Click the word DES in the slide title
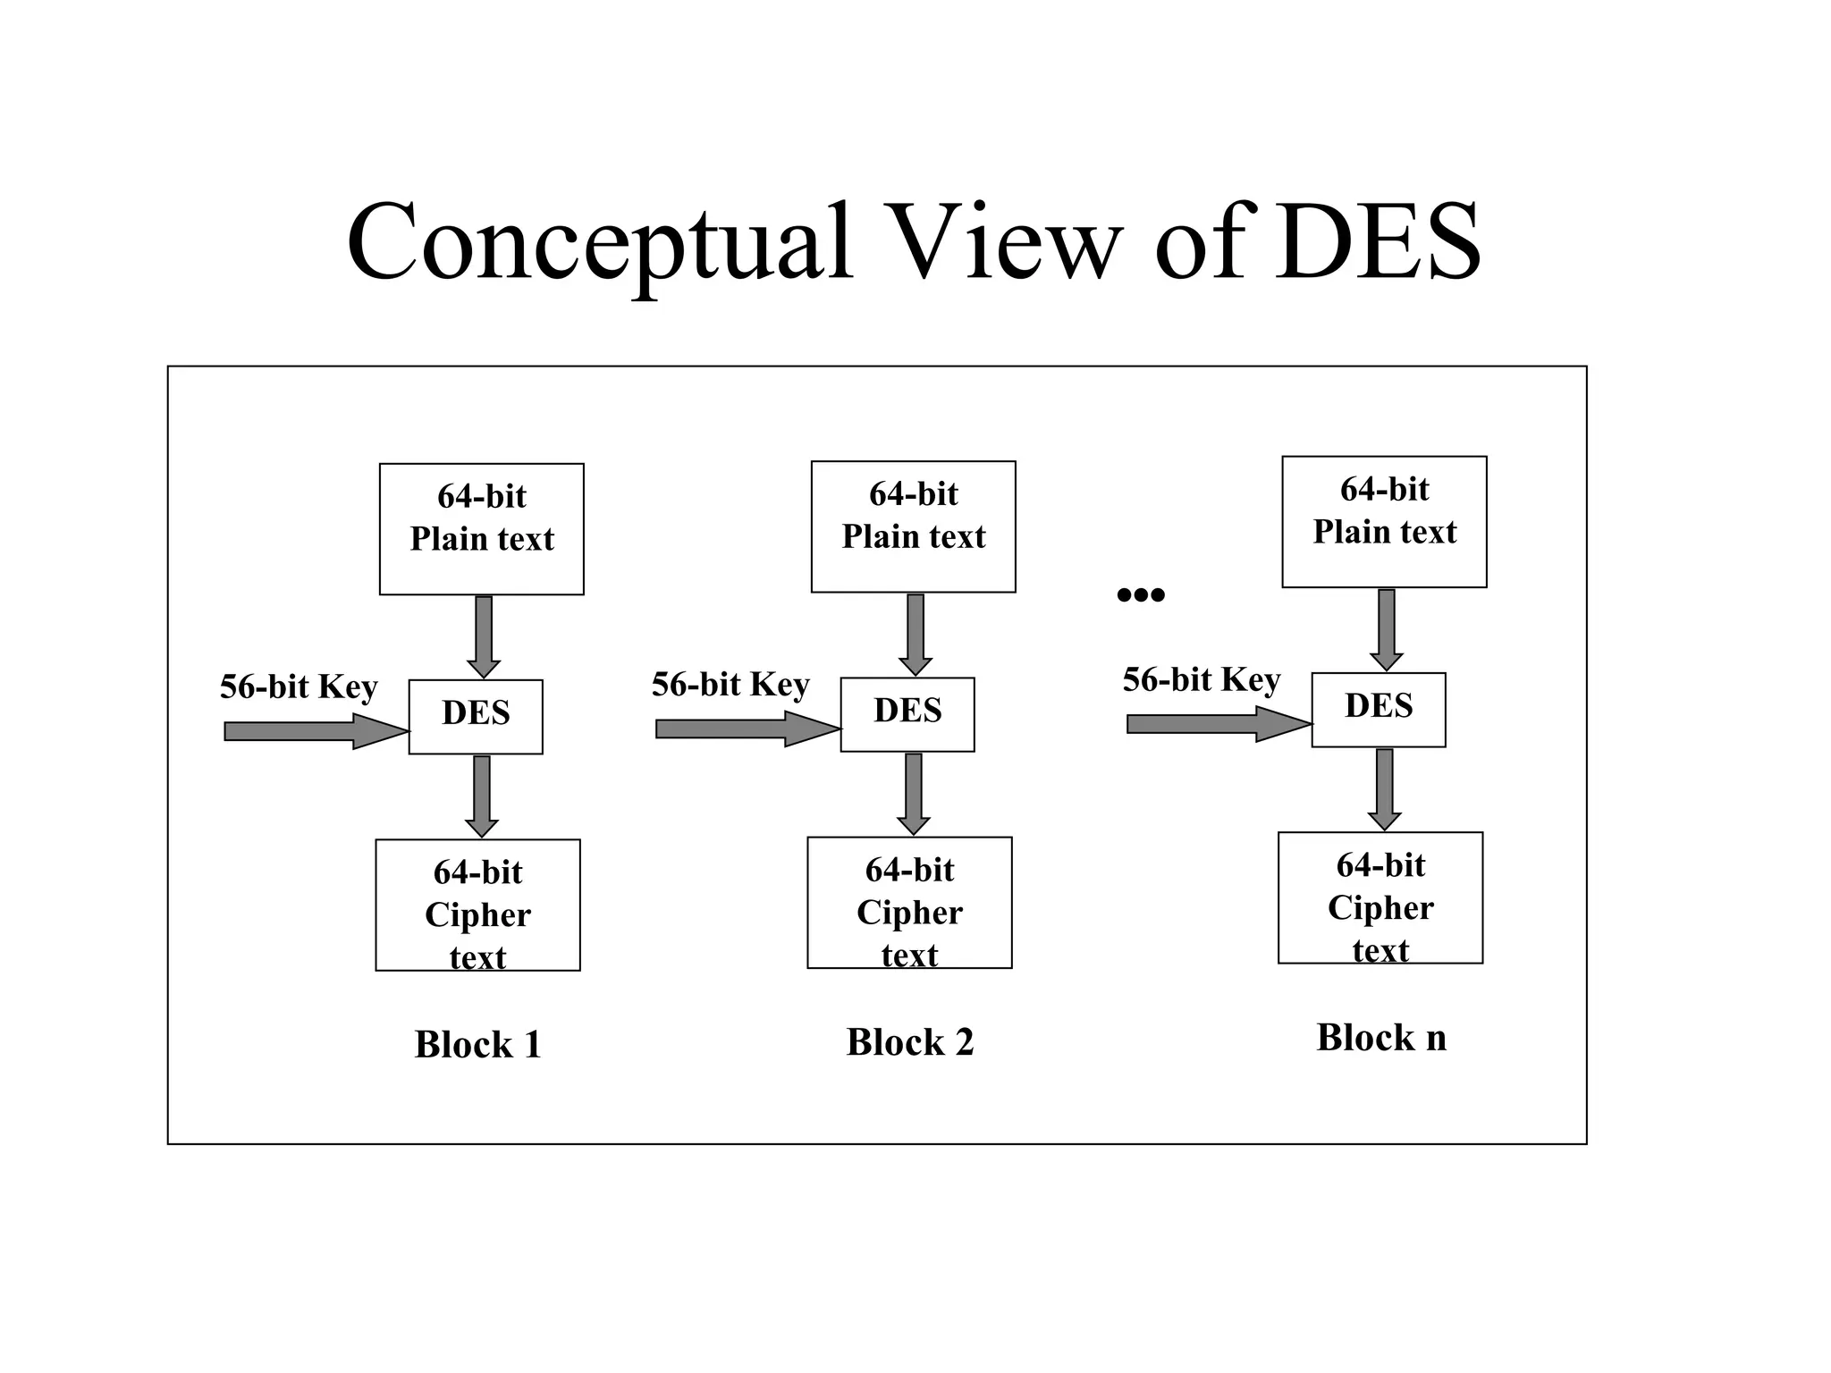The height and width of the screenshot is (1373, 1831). click(1377, 243)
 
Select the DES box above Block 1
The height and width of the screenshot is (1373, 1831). click(476, 716)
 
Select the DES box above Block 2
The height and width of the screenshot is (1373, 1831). click(907, 713)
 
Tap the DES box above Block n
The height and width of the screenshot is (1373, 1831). click(1379, 709)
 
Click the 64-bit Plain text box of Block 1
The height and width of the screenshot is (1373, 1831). click(482, 528)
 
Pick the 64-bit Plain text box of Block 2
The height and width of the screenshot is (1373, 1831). click(914, 526)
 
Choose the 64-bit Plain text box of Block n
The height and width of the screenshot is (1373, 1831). click(1384, 521)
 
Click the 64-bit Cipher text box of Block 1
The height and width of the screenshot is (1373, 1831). click(477, 905)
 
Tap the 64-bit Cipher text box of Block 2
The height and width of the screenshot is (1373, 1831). click(909, 902)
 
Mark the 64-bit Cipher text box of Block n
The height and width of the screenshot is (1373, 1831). click(1380, 897)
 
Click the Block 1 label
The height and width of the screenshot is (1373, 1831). click(477, 1044)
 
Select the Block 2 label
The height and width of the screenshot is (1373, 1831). click(909, 1041)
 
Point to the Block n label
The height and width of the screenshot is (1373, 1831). click(1381, 1037)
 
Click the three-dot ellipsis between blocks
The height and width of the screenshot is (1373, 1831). click(1141, 594)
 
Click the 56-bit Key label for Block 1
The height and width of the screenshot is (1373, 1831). click(299, 686)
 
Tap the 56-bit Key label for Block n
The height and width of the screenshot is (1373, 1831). click(1202, 679)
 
